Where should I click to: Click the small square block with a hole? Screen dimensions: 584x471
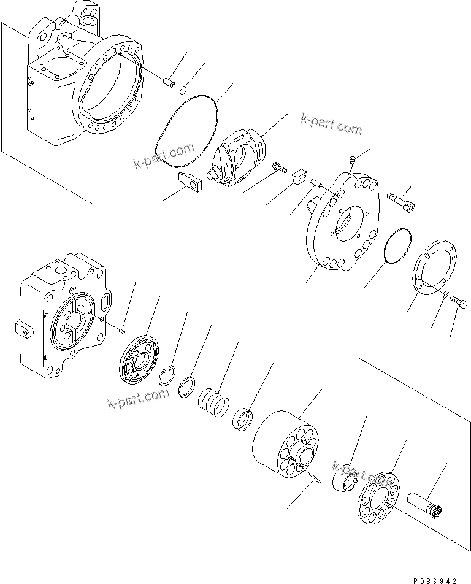click(x=300, y=176)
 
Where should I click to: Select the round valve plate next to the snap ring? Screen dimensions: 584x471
click(x=139, y=359)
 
